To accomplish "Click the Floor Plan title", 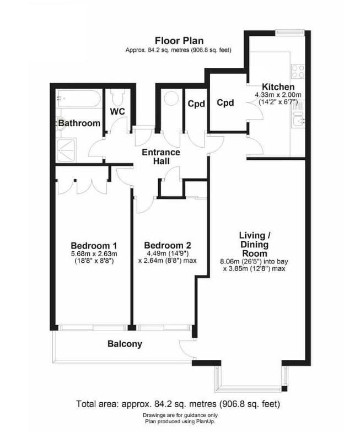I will coord(179,40).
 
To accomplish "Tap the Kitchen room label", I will coord(278,87).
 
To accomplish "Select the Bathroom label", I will coord(79,123).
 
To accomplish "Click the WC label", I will coord(117,111).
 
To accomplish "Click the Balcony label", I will coord(124,344).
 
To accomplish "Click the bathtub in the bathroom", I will coord(78,100).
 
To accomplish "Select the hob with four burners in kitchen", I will coord(298,71).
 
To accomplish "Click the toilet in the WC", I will coord(117,97).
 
